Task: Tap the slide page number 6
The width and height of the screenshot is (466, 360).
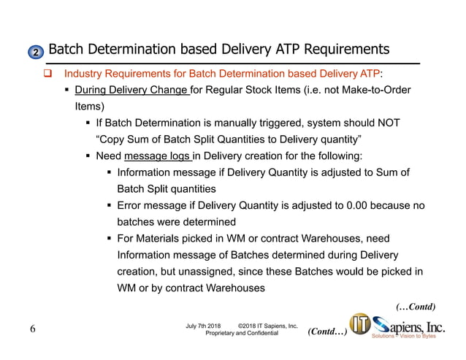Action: (x=33, y=329)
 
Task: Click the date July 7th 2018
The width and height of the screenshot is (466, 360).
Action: (x=204, y=325)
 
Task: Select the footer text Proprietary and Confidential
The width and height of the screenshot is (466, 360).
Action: (x=242, y=333)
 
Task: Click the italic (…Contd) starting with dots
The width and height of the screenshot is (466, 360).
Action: (x=415, y=306)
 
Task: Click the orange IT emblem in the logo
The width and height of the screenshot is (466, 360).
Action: (x=359, y=325)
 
